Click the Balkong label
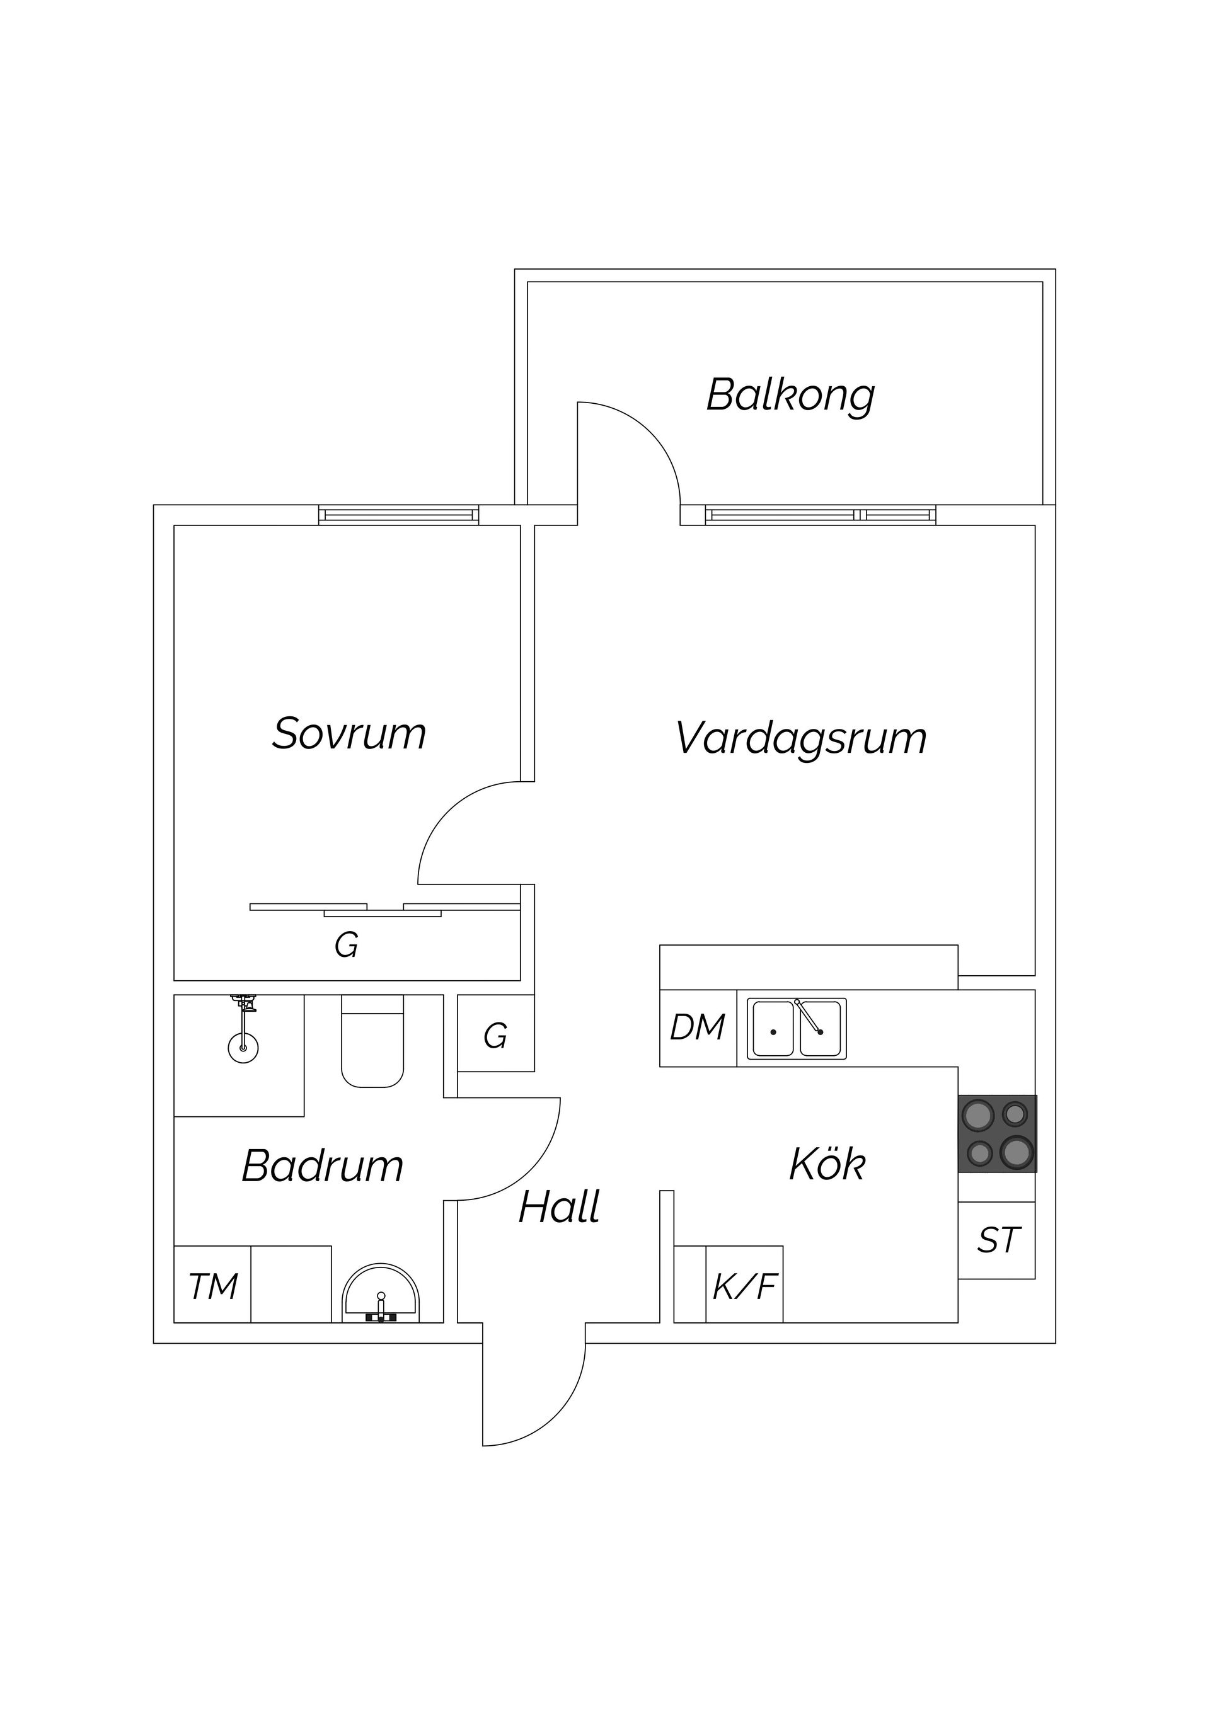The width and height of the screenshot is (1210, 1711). click(790, 396)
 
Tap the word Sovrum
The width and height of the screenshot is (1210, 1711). click(349, 734)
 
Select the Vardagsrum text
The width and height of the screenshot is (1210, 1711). click(801, 738)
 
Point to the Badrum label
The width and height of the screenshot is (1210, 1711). click(322, 1165)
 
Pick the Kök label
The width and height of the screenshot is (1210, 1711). click(827, 1164)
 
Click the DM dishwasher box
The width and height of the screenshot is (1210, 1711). click(698, 1028)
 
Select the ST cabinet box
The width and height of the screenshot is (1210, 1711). click(997, 1241)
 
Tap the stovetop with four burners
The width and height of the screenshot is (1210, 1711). click(997, 1134)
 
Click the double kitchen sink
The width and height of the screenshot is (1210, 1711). click(797, 1029)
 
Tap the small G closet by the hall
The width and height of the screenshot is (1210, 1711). click(496, 1036)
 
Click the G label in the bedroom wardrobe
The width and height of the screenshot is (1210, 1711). click(346, 946)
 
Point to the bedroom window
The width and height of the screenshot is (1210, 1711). click(399, 515)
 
